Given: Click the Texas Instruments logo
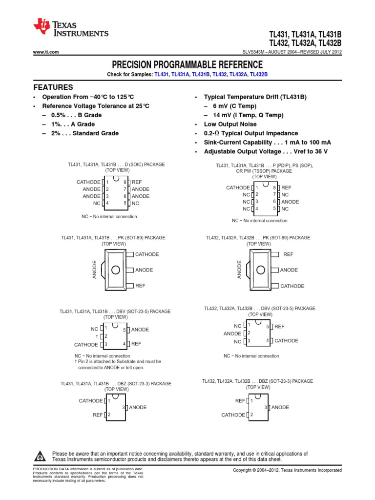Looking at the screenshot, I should [x=70, y=29].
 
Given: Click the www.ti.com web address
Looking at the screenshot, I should [x=46, y=52].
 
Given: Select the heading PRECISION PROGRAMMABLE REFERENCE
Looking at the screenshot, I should [x=187, y=64].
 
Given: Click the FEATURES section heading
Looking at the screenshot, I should [x=53, y=87].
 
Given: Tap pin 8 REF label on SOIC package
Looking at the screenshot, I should [x=136, y=182].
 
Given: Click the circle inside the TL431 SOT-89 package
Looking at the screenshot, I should [x=115, y=270].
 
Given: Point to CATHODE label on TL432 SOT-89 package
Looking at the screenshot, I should [x=292, y=286].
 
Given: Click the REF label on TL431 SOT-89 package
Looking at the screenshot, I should [x=140, y=286].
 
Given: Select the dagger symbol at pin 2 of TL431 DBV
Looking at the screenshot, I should [x=97, y=336].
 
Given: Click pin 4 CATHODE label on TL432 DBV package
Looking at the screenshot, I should [x=286, y=341].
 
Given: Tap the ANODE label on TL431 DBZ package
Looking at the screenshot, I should [x=137, y=407].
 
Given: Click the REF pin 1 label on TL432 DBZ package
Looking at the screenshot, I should [x=240, y=400].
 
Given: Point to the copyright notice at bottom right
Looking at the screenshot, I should [x=287, y=470].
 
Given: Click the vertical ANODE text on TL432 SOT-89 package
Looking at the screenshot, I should [x=240, y=270].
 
